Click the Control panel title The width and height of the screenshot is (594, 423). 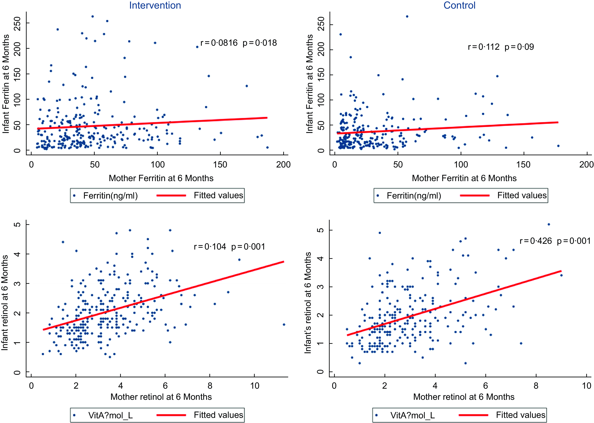[x=459, y=6]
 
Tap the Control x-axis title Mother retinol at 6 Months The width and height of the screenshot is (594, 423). [x=464, y=397]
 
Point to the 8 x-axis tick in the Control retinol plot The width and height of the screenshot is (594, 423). [x=536, y=386]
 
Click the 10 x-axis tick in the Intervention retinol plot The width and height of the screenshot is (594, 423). [x=255, y=386]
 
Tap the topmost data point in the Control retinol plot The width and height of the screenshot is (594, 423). [x=549, y=224]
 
